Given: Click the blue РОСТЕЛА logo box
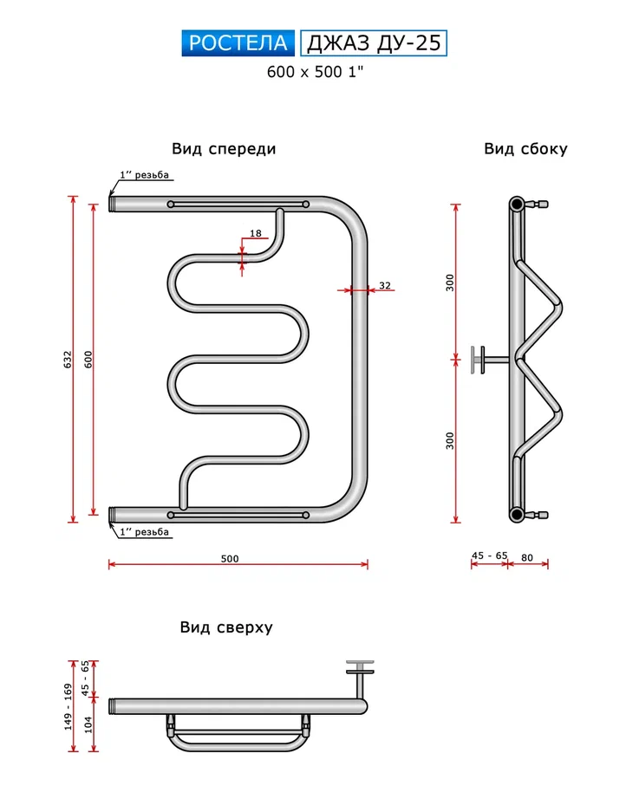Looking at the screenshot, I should tap(238, 43).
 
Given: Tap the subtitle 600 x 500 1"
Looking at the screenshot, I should tap(314, 73).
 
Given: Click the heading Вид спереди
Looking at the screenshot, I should tap(224, 149).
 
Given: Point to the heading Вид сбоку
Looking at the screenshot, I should tap(525, 149).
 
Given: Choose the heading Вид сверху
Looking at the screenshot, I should tap(226, 627).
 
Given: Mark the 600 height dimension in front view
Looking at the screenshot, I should tap(88, 359).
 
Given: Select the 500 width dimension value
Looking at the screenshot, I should tap(229, 559).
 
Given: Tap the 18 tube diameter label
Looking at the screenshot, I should tap(255, 233).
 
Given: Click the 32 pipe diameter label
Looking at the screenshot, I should tap(385, 285).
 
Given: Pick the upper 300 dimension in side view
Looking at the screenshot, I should tap(450, 283).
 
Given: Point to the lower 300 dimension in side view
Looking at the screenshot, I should tap(450, 440).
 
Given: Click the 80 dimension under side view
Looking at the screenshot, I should tap(528, 555).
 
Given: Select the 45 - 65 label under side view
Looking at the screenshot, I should tap(489, 555).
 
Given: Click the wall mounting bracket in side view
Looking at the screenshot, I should tap(478, 360).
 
